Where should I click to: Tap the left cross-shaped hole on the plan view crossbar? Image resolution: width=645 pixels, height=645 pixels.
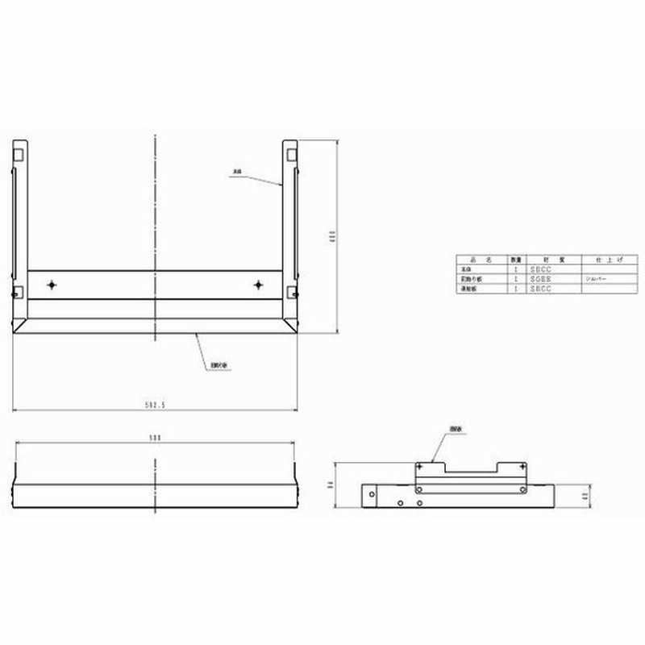pos(53,285)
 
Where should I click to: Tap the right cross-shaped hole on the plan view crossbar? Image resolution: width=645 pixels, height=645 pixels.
pos(259,284)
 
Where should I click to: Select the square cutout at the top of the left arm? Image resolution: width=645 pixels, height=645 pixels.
pos(19,151)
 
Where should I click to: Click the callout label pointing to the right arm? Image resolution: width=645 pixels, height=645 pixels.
pos(236,172)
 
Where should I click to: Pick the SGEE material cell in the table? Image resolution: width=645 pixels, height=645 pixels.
pos(541,277)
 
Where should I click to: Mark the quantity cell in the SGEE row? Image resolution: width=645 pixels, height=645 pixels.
pos(514,277)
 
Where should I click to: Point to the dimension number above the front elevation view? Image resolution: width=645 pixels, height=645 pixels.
pos(156,436)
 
